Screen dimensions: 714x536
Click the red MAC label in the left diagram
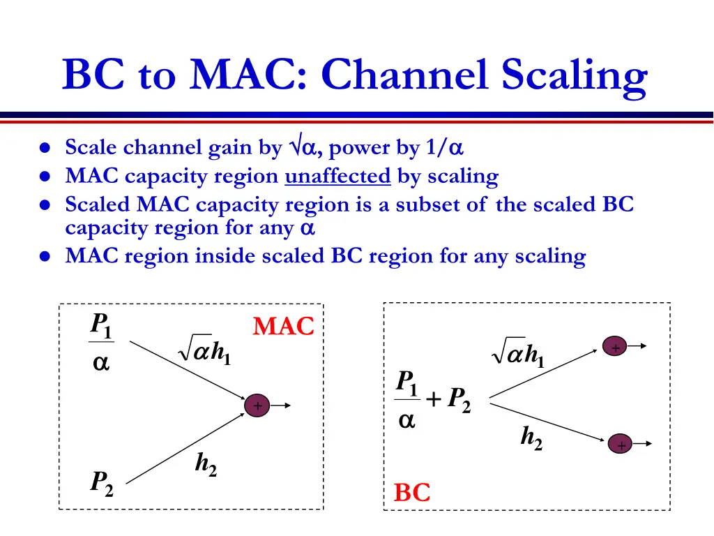tap(283, 326)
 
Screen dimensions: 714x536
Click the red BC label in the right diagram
tap(412, 492)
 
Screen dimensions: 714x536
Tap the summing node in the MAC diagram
tap(257, 406)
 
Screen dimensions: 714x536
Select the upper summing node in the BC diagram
tap(616, 348)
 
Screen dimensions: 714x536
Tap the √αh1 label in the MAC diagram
tap(205, 349)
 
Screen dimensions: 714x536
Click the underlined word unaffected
tap(337, 177)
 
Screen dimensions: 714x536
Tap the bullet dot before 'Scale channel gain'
tap(45, 149)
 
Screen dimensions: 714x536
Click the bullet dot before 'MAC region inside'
tap(45, 257)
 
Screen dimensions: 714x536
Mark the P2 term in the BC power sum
tap(459, 399)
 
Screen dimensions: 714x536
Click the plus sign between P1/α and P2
tap(433, 399)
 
